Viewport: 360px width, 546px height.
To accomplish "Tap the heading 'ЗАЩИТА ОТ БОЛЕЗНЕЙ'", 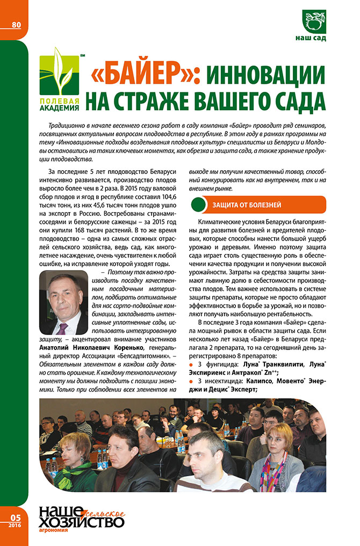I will pyautogui.click(x=247, y=205).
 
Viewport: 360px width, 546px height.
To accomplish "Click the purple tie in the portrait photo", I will pyautogui.click(x=63, y=328).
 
